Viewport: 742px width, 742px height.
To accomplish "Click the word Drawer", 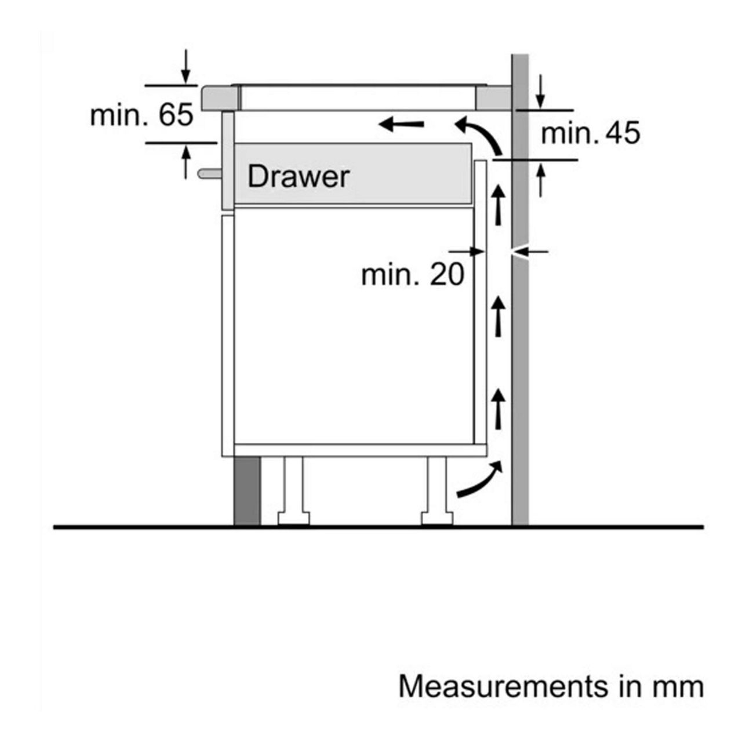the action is coord(299,177).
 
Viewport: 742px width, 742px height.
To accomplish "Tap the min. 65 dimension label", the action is coord(141,115).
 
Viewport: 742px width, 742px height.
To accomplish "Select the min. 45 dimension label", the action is coord(591,133).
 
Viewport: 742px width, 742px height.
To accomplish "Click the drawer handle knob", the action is coord(210,173).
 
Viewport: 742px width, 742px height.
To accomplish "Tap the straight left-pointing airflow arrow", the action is coord(402,124).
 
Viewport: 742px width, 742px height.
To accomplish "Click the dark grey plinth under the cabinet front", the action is coord(247,490).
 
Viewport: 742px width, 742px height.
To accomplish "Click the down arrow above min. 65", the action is coord(186,66).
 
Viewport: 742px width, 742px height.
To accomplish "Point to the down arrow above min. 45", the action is coord(541,92).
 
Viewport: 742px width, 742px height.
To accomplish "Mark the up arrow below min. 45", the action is coord(541,180).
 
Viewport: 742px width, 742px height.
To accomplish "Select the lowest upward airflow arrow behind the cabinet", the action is coord(499,409).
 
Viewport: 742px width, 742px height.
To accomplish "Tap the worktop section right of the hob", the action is coord(494,98).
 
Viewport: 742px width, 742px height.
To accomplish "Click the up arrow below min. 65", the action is coord(186,162).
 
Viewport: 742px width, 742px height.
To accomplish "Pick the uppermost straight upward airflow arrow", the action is coord(499,205).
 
